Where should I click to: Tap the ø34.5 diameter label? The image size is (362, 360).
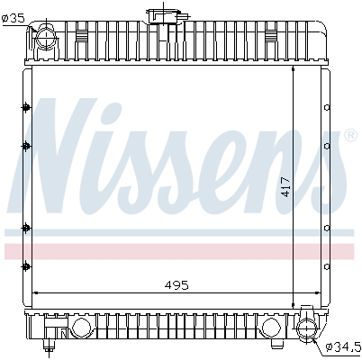(x=342, y=345)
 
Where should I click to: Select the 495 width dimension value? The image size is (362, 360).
(x=176, y=284)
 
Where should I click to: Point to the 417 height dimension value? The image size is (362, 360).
(x=285, y=186)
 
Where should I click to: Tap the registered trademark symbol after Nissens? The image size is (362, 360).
(x=350, y=136)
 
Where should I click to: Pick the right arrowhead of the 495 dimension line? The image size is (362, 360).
(x=319, y=293)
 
